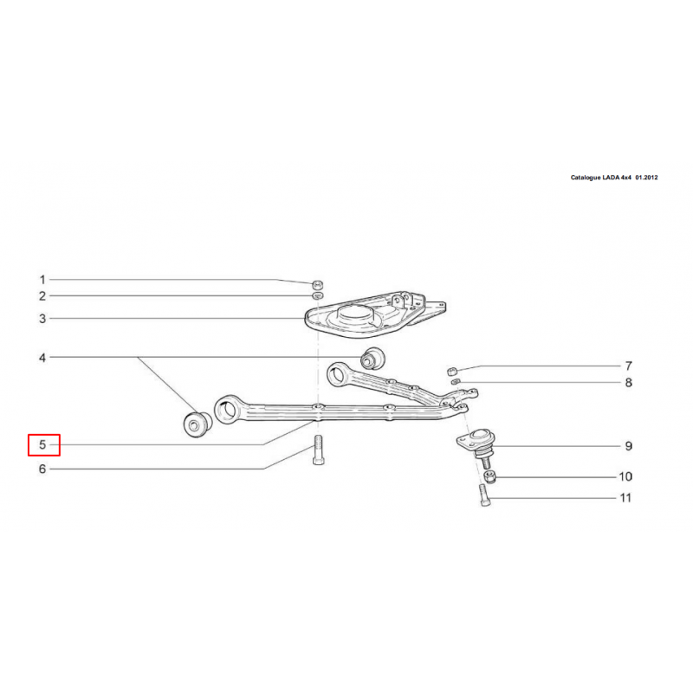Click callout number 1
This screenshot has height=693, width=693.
(42, 280)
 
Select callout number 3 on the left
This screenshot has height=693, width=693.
(42, 319)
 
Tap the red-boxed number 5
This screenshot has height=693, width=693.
(42, 444)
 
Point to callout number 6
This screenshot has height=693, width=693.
(42, 469)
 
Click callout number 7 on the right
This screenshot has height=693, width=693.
(629, 366)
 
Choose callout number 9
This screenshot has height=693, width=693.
(629, 446)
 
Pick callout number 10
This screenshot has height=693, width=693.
(625, 476)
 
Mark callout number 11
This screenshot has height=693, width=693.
(625, 498)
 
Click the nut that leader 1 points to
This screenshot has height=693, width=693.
(317, 283)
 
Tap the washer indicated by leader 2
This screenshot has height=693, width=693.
(317, 295)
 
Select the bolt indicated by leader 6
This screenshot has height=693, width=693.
(318, 450)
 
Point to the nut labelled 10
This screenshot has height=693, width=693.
(489, 476)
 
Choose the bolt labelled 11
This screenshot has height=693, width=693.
(484, 495)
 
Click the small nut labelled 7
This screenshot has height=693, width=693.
(451, 371)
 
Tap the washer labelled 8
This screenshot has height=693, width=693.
(455, 381)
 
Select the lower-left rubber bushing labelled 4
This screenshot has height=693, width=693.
(198, 424)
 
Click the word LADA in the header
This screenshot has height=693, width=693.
(611, 178)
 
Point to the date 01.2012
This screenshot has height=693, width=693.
(646, 178)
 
